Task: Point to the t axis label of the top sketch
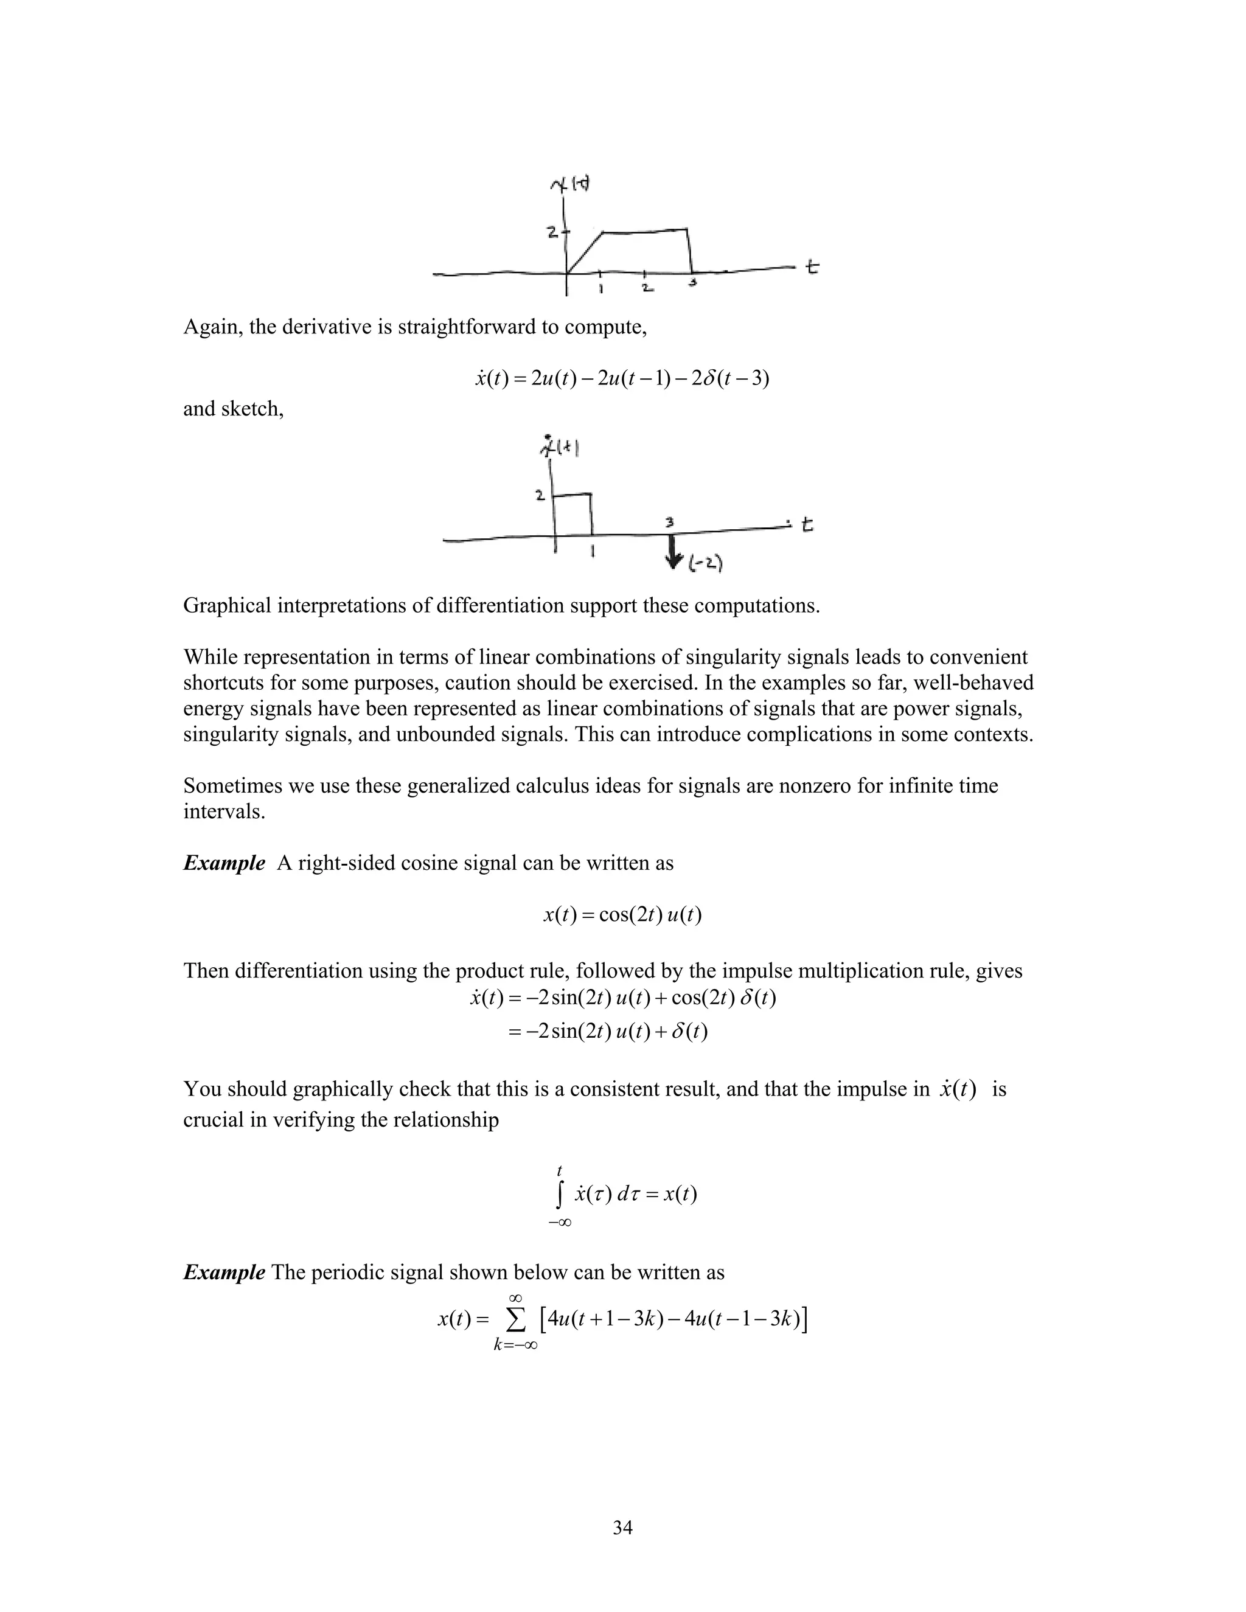pos(812,266)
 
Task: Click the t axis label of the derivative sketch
pos(807,525)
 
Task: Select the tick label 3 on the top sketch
pos(692,282)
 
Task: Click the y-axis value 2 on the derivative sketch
pos(540,495)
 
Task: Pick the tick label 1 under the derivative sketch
pos(593,551)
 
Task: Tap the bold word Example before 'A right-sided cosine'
pos(224,863)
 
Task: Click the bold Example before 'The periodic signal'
pos(224,1273)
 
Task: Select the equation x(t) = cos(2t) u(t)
pos(622,915)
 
